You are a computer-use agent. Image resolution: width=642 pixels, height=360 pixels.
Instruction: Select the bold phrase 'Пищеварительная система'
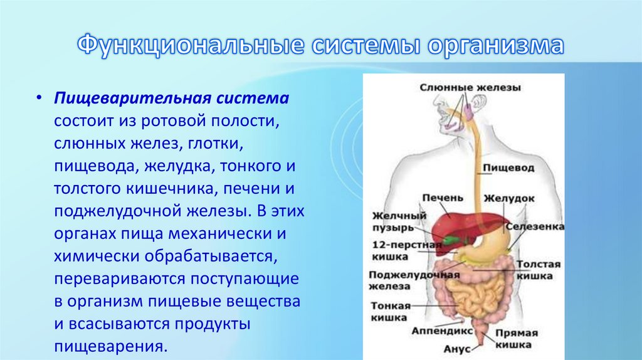point(171,99)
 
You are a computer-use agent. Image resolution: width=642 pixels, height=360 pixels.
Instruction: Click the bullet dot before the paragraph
point(39,100)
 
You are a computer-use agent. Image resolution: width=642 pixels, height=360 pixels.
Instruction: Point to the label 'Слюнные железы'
point(470,88)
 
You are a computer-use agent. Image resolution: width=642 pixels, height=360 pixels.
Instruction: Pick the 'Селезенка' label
point(535,226)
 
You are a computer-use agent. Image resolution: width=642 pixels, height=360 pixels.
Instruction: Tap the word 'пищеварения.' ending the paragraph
point(110,346)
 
